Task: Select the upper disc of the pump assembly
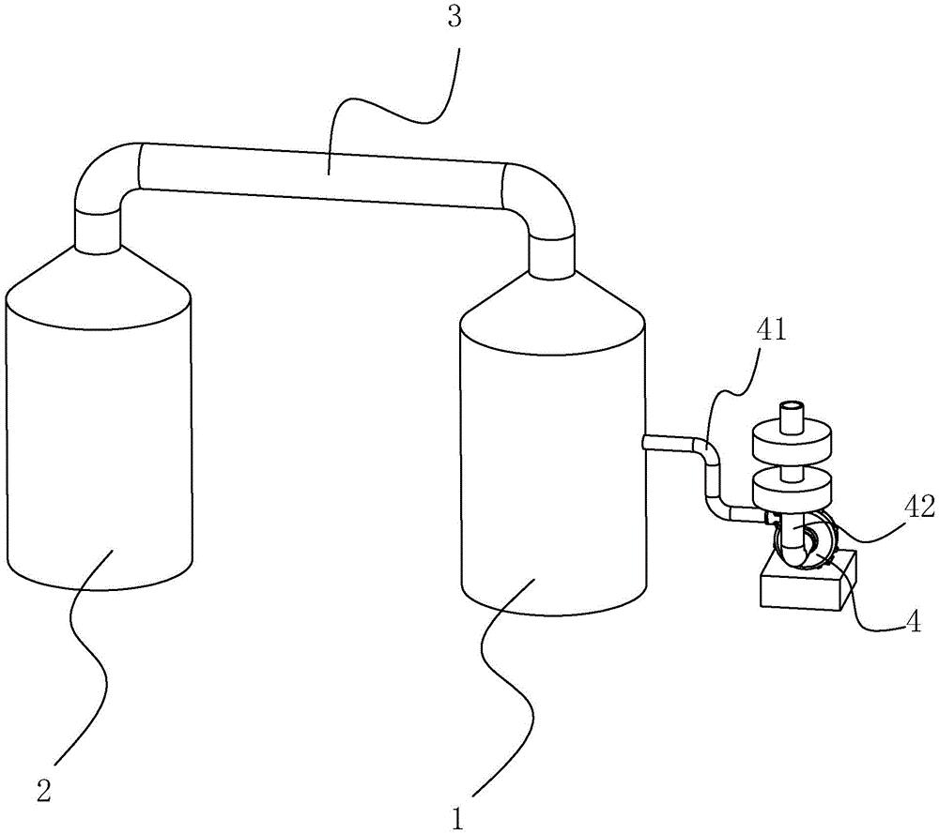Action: (x=793, y=441)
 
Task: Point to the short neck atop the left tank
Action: (x=98, y=230)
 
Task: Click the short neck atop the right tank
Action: (x=552, y=251)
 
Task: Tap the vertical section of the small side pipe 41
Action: (x=712, y=483)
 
